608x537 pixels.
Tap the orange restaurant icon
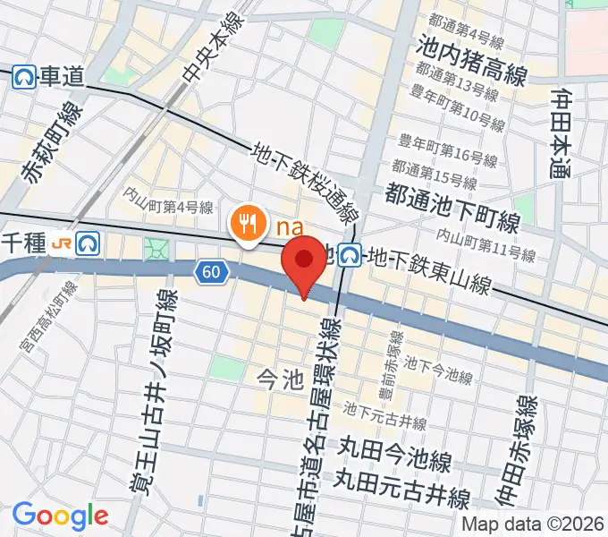point(246,222)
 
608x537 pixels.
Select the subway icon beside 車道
point(24,78)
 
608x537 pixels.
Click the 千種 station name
point(24,242)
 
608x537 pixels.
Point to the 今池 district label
point(281,379)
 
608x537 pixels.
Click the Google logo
point(60,515)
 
